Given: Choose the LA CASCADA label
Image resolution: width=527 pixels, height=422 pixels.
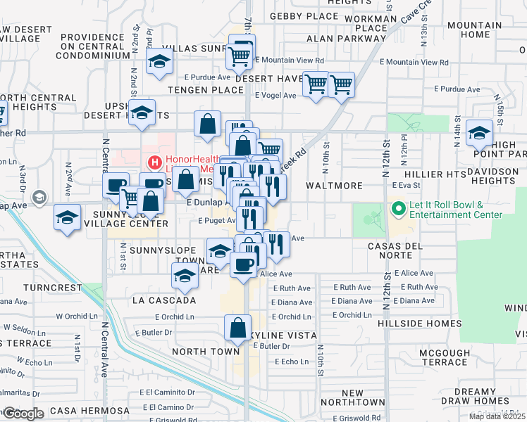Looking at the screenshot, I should tap(163, 300).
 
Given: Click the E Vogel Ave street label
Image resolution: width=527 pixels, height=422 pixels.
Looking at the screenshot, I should tap(275, 94).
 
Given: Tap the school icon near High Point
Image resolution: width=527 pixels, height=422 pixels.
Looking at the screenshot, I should tap(479, 132).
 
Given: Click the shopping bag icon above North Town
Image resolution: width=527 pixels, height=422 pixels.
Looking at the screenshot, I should tap(237, 328).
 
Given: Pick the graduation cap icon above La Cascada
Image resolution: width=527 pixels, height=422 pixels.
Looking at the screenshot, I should tap(185, 275).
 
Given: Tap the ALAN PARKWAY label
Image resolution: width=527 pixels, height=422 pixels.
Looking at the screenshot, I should tap(341, 39).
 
